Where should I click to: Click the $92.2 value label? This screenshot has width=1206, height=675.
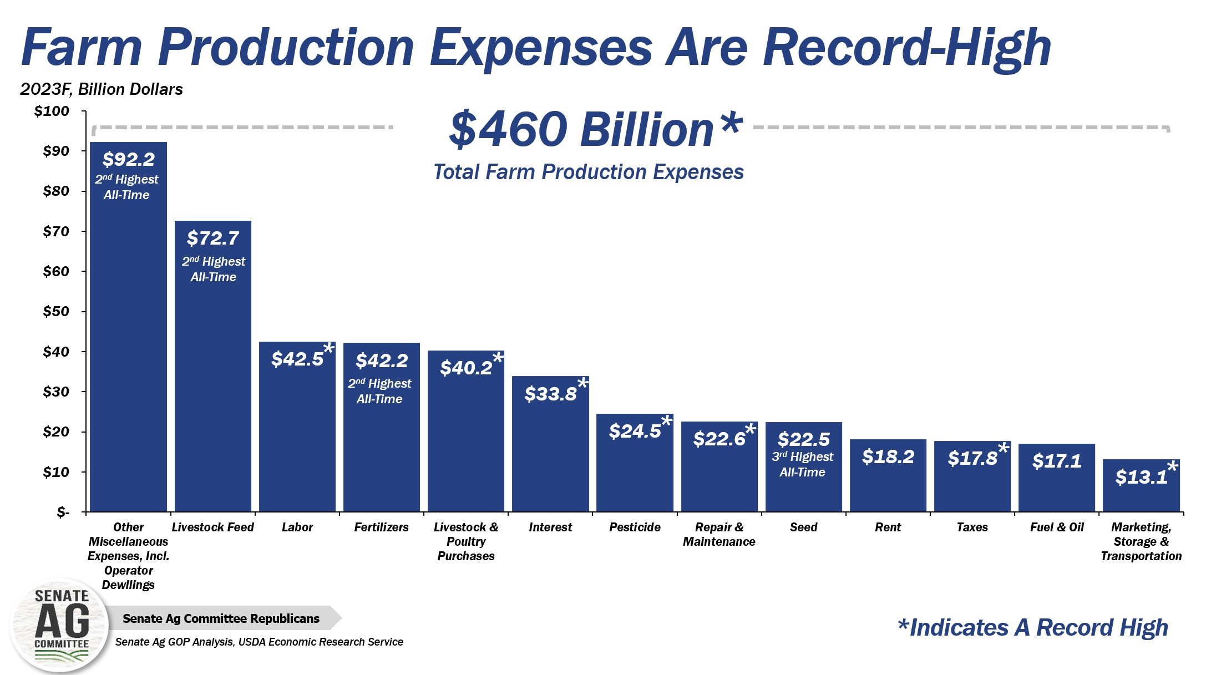tap(128, 160)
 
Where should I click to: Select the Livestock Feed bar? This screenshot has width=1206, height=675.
tap(213, 388)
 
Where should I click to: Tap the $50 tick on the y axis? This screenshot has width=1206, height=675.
tap(56, 312)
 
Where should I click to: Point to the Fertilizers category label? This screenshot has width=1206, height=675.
tap(381, 527)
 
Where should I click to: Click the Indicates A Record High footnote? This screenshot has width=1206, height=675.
tap(1032, 628)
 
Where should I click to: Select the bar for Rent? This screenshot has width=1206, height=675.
tap(888, 483)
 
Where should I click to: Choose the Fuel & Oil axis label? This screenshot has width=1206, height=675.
tap(1056, 527)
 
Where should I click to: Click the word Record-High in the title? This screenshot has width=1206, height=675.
tap(906, 48)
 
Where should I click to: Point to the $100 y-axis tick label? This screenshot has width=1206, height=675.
tap(52, 111)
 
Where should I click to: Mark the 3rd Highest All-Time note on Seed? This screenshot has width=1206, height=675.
tap(802, 464)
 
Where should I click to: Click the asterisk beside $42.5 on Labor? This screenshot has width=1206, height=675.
tap(328, 349)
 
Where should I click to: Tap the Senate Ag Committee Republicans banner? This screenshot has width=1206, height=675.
tap(221, 618)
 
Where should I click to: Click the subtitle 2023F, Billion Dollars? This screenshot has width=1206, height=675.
tap(102, 89)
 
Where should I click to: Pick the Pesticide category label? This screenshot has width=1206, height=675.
tap(635, 527)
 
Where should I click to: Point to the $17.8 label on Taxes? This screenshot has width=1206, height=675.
tap(972, 459)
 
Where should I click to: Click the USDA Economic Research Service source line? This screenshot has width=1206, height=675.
tap(259, 642)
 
